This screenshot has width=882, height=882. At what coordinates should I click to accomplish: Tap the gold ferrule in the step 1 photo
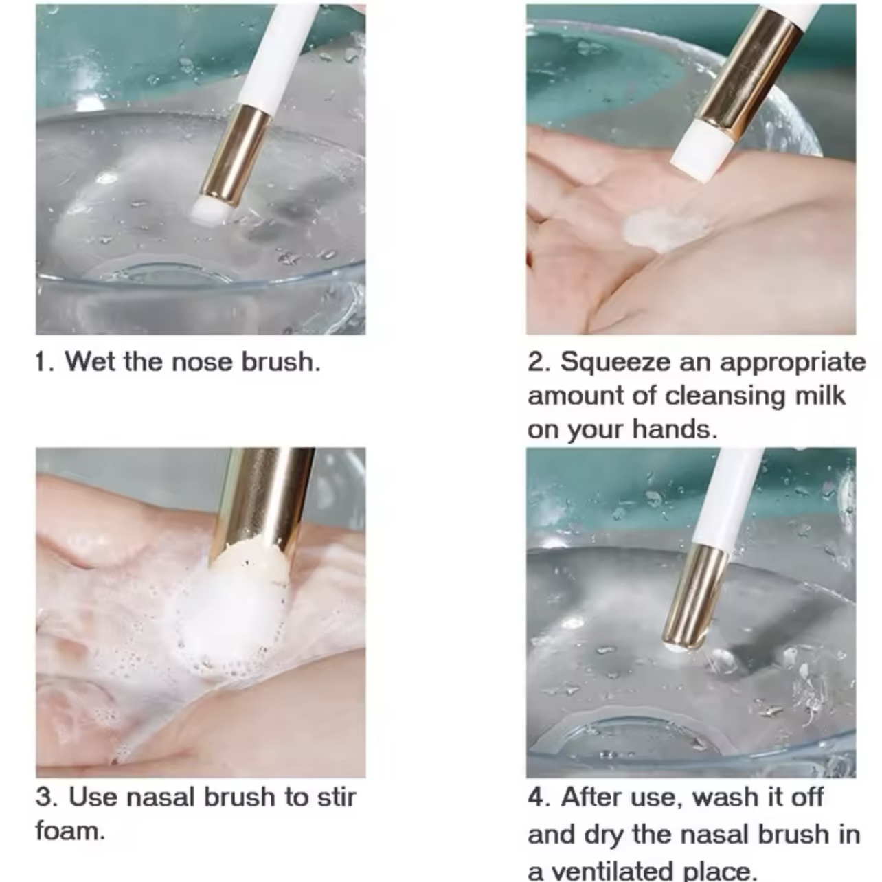pyautogui.click(x=234, y=156)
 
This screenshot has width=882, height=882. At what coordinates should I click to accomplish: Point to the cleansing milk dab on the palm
pyautogui.click(x=661, y=229)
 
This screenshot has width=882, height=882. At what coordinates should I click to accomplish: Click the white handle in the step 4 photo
pyautogui.click(x=727, y=497)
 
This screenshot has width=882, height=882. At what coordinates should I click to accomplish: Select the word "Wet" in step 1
pyautogui.click(x=91, y=361)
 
